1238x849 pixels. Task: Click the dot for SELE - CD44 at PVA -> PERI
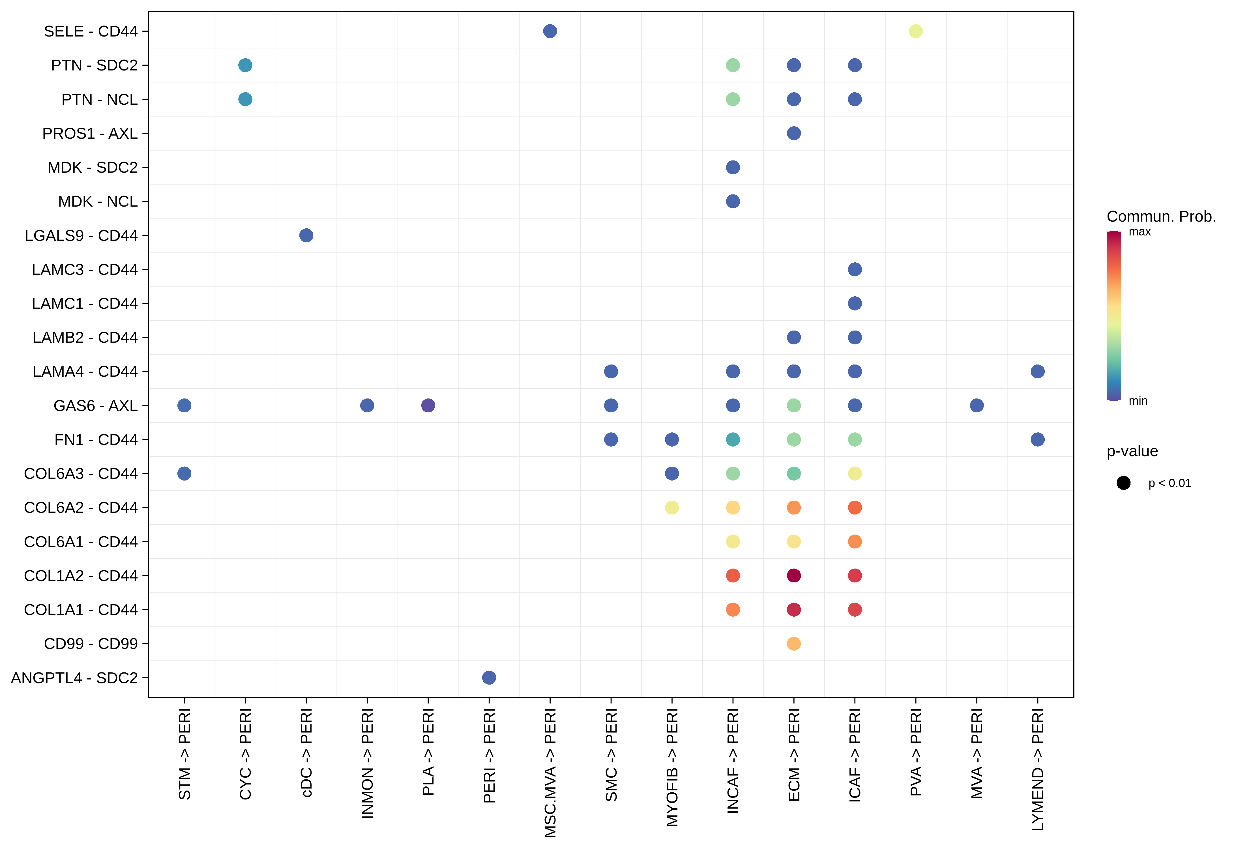(915, 31)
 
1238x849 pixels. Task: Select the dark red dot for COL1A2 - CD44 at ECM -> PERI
(793, 575)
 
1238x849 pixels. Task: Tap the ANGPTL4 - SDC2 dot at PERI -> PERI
(488, 678)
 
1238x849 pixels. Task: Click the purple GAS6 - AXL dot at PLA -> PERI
(428, 405)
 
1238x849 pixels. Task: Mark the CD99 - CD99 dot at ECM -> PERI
(793, 644)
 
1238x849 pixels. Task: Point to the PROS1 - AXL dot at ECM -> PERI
(793, 133)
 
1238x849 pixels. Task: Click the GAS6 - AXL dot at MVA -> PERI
(976, 405)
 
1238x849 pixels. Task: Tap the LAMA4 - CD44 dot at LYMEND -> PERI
(1037, 371)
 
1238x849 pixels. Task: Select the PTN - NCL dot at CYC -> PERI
(245, 99)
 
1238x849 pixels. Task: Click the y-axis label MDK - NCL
(98, 201)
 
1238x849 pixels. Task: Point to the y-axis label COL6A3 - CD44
(80, 473)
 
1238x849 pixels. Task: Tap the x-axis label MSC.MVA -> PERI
(550, 772)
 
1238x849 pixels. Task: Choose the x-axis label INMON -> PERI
(367, 763)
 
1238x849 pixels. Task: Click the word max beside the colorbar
(1140, 232)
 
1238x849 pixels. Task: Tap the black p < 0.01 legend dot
(1123, 483)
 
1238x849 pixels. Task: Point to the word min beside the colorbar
(1138, 400)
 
